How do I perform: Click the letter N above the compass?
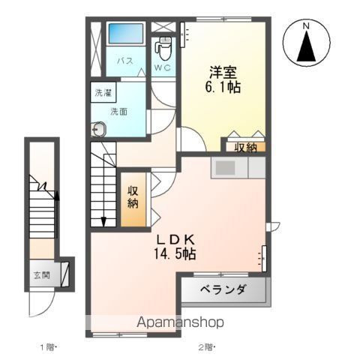pyautogui.click(x=306, y=27)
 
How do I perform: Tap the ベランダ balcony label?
pyautogui.click(x=223, y=290)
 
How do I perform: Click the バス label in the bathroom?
pyautogui.click(x=124, y=61)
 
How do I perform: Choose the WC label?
pyautogui.click(x=163, y=67)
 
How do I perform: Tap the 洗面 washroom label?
pyautogui.click(x=118, y=111)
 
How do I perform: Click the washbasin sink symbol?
pyautogui.click(x=99, y=129)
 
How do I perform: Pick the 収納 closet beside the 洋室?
pyautogui.click(x=244, y=147)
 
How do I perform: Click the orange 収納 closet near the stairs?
pyautogui.click(x=133, y=196)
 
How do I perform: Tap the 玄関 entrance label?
pyautogui.click(x=40, y=275)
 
